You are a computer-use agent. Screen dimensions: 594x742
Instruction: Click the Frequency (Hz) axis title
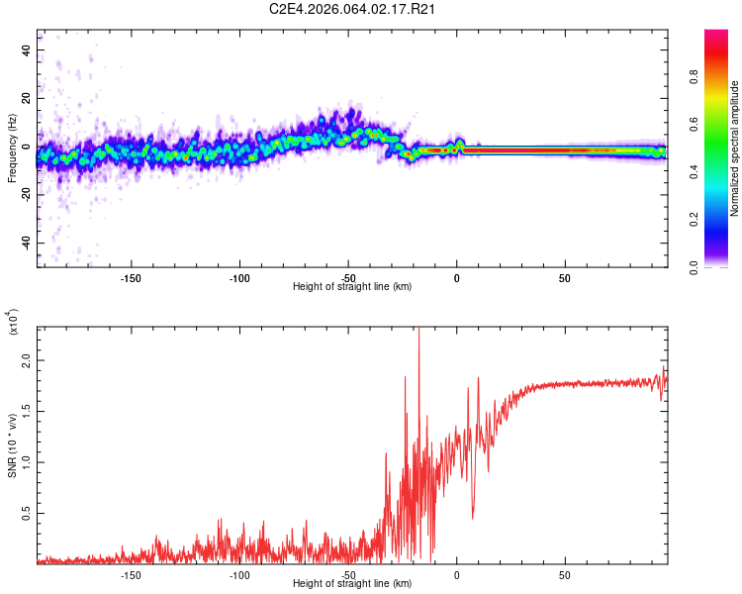12,148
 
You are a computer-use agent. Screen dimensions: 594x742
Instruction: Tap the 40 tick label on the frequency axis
27,50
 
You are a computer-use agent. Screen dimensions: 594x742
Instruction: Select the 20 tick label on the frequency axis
27,99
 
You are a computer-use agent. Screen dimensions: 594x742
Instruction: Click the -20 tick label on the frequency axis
24,195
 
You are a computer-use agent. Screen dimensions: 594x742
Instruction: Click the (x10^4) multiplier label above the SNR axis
14,324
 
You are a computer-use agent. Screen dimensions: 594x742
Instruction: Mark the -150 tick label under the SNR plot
131,574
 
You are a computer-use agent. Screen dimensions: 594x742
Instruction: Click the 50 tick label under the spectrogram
565,277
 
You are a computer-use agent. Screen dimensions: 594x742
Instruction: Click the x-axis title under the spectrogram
352,287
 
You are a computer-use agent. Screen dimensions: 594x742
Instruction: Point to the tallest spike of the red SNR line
418,331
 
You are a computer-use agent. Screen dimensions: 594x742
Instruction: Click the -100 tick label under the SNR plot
239,574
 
